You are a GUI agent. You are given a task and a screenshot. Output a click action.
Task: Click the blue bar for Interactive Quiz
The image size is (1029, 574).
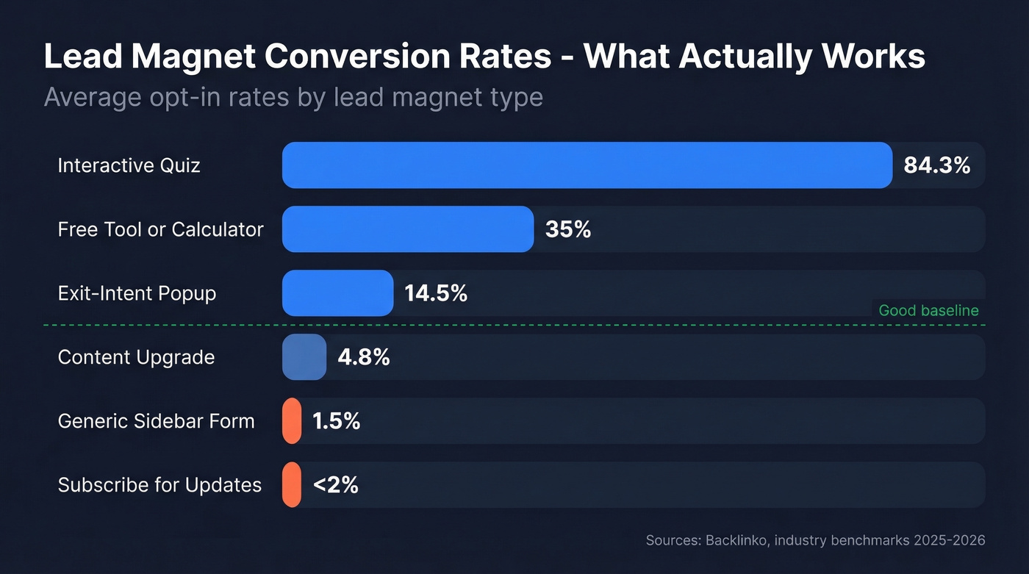coord(587,165)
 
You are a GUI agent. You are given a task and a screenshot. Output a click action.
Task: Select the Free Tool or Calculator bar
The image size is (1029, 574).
coord(408,229)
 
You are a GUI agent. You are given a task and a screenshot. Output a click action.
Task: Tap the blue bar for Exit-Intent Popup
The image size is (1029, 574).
coord(337,293)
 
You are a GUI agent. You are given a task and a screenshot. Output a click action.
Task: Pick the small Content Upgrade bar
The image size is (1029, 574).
coord(304,357)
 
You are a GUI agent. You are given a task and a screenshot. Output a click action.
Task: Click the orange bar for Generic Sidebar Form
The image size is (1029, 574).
coord(292,421)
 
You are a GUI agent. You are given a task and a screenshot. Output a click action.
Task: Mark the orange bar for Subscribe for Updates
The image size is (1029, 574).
coord(292,485)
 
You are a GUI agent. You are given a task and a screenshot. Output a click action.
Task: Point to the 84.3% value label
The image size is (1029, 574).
coord(936,165)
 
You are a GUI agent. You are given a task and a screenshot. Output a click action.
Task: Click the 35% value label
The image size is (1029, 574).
coord(568,229)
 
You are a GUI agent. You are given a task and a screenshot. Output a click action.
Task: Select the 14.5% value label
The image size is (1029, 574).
coord(436,293)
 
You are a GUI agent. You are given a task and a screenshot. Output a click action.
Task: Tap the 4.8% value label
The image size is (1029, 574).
coord(363,357)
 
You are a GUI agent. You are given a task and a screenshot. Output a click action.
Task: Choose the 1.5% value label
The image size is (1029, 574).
coord(336,421)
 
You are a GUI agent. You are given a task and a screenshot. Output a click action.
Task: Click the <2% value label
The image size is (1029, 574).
coord(335,485)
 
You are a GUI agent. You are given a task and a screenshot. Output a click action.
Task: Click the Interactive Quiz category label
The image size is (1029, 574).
coord(129,165)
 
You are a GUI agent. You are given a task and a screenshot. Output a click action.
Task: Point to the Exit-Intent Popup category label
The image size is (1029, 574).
coord(137,293)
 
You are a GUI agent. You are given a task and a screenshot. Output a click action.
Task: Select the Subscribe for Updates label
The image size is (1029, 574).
coord(159,485)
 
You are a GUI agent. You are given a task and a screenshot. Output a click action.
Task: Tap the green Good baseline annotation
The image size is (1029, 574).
coord(928,310)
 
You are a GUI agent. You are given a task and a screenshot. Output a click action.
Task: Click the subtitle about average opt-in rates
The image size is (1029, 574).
coord(293,97)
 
